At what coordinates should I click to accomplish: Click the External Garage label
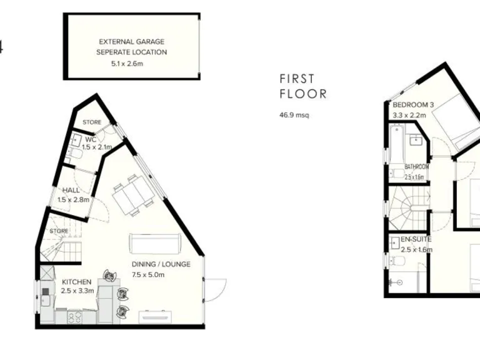pyautogui.click(x=132, y=42)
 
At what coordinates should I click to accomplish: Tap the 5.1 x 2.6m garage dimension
pyautogui.click(x=132, y=63)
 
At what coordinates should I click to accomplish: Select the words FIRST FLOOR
pyautogui.click(x=303, y=87)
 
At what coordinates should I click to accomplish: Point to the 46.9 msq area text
pyautogui.click(x=294, y=115)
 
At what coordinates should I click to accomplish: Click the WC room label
pyautogui.click(x=91, y=139)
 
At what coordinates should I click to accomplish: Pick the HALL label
pyautogui.click(x=71, y=191)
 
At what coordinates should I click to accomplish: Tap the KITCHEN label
pyautogui.click(x=76, y=282)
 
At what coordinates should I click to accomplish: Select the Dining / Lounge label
pyautogui.click(x=161, y=264)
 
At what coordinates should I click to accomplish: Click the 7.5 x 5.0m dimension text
pyautogui.click(x=148, y=275)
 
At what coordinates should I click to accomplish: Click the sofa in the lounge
pyautogui.click(x=155, y=242)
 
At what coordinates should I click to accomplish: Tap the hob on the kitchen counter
pyautogui.click(x=74, y=317)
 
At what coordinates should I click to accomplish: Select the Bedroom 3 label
pyautogui.click(x=412, y=104)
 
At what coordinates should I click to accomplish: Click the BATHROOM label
pyautogui.click(x=416, y=167)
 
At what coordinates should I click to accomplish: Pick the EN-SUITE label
pyautogui.click(x=416, y=239)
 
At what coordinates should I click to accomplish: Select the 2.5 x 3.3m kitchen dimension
pyautogui.click(x=77, y=291)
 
